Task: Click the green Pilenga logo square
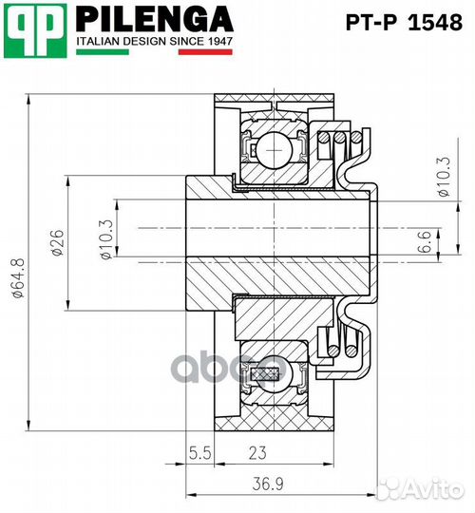point(35,30)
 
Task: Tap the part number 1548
point(436,23)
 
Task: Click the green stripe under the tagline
point(103,51)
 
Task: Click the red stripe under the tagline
point(205,52)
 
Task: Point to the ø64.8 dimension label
point(19,278)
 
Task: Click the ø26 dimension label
point(58,242)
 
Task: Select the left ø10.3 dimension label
point(107,239)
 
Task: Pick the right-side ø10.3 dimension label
point(444,177)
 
